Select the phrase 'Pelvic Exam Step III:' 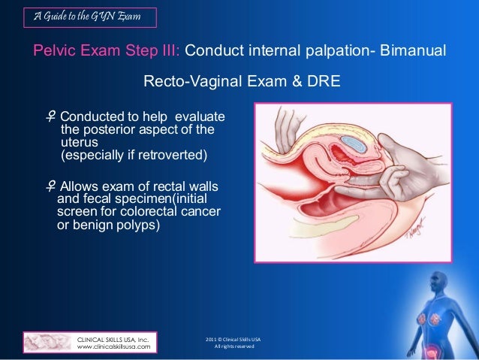[106, 51]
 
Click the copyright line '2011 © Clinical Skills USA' [233, 339]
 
